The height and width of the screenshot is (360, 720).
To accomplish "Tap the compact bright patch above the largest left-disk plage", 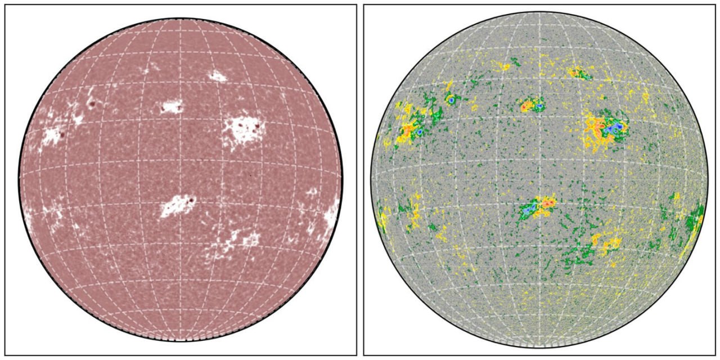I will tap(217, 76).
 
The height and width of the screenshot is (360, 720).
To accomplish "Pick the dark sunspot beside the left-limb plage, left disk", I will tap(62, 136).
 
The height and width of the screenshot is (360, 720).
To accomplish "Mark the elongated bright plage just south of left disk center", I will tap(175, 206).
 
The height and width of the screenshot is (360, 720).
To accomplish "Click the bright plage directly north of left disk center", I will tap(172, 106).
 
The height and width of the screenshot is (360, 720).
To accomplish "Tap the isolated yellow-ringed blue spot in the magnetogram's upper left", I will tap(451, 100).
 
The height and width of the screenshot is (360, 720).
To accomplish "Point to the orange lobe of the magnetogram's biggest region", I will tap(593, 127).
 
